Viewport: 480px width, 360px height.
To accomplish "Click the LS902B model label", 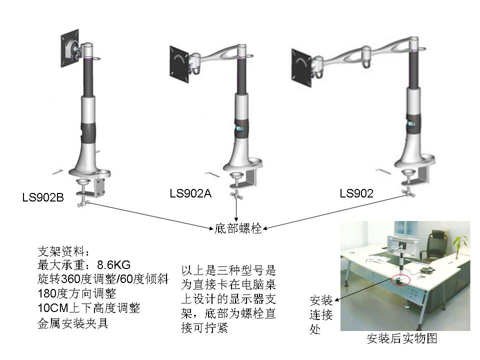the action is [x=43, y=197].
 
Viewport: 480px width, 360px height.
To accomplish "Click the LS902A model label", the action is [x=190, y=193].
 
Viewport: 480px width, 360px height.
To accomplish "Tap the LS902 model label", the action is [x=356, y=193].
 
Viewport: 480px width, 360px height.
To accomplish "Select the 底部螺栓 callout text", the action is [x=238, y=228].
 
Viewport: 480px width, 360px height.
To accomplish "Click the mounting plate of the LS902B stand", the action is [x=70, y=48].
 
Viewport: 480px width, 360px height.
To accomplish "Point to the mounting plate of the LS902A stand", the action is [x=179, y=64].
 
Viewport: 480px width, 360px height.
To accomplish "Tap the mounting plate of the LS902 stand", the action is [x=301, y=68].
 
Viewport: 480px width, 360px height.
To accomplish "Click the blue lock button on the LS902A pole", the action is [x=239, y=128].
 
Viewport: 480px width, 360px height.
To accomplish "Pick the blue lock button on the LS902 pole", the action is [x=411, y=123].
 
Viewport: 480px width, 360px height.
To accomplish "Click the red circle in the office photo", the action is [x=400, y=279].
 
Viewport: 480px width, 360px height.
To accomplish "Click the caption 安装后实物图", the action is [x=402, y=338].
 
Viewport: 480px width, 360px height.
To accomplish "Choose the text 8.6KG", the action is [x=113, y=264].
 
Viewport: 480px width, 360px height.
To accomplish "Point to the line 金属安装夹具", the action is [x=73, y=323].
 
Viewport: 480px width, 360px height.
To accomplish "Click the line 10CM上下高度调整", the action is [x=89, y=308].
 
